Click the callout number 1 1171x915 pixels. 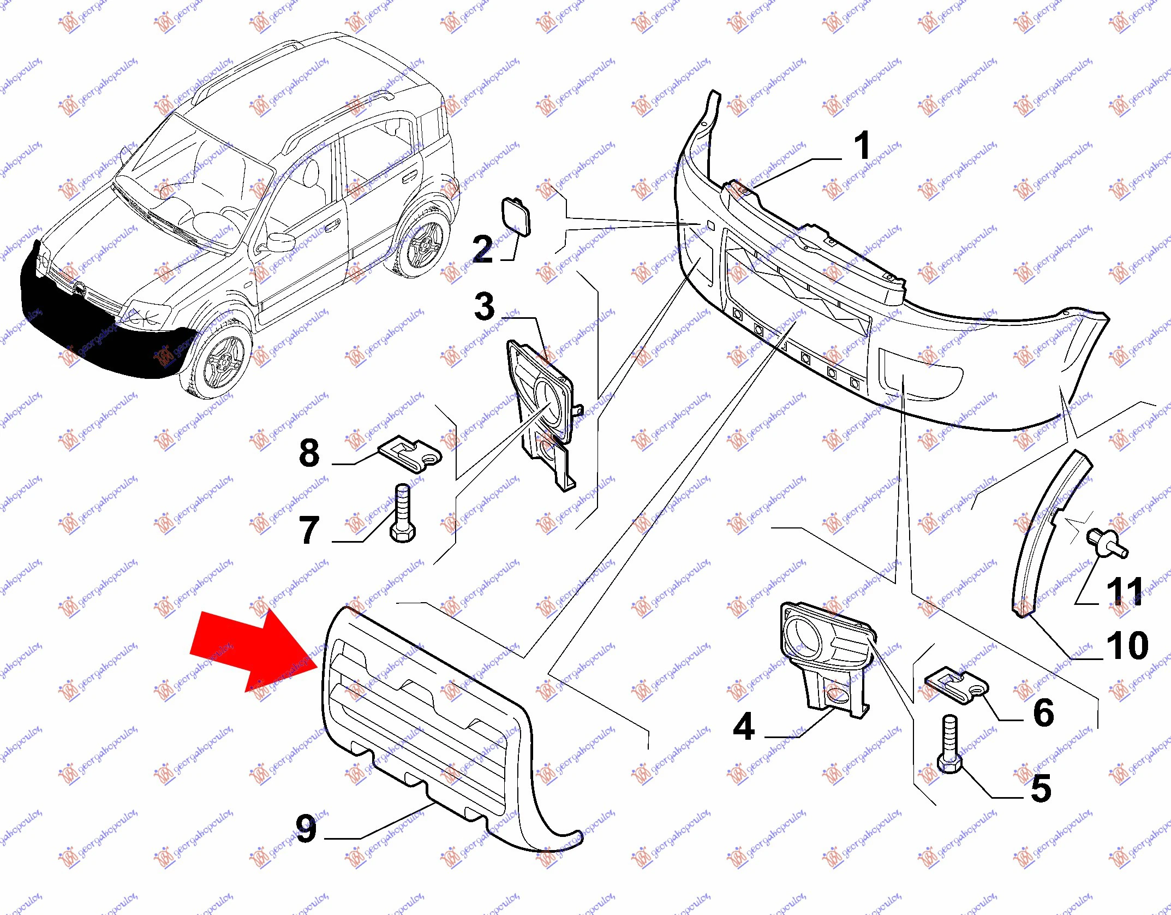[862, 146]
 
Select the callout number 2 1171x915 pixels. [483, 249]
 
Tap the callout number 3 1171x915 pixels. [485, 306]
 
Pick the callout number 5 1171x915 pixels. [1041, 789]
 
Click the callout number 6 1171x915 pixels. [1043, 712]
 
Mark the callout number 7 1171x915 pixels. [309, 530]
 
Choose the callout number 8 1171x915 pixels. [309, 453]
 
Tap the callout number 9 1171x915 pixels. [306, 828]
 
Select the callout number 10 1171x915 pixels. [1127, 645]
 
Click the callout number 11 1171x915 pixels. [1125, 591]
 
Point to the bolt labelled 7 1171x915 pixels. [403, 513]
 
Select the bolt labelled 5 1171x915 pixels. [950, 744]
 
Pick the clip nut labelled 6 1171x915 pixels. [956, 686]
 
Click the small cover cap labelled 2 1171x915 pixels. [516, 217]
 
